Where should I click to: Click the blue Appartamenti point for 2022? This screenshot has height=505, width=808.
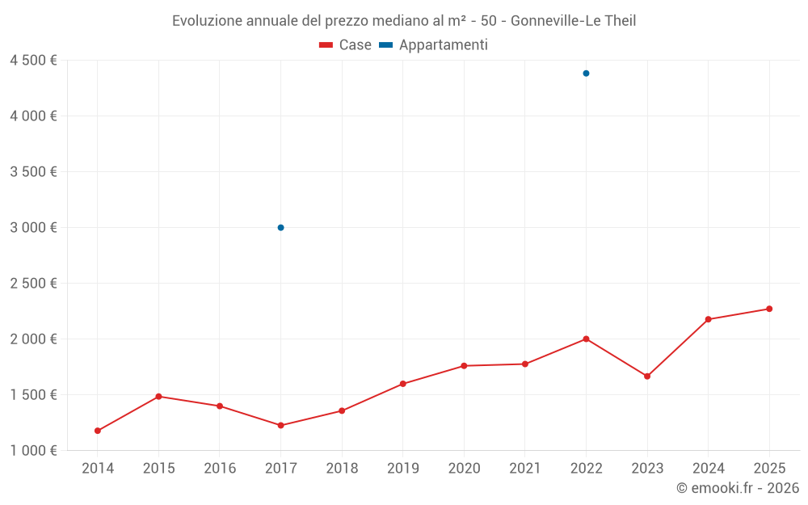[586, 74]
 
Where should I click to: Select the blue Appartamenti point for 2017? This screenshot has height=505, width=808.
[280, 228]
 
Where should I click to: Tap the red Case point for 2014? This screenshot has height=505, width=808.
[98, 431]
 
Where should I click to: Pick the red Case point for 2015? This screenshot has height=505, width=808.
[158, 397]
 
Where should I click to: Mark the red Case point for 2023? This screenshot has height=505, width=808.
[647, 377]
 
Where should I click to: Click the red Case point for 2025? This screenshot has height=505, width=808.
[769, 309]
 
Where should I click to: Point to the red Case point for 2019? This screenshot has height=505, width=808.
[403, 384]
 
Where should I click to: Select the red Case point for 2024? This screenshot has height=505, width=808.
[708, 319]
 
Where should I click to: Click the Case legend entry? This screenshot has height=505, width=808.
[346, 45]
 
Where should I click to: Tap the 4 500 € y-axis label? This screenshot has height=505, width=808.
[33, 61]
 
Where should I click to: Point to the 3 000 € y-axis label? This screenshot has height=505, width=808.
[33, 228]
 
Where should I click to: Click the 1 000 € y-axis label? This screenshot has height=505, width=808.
[33, 451]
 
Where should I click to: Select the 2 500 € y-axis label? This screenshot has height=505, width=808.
[33, 284]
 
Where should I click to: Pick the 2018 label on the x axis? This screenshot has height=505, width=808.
[342, 468]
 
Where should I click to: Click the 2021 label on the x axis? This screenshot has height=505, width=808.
[525, 468]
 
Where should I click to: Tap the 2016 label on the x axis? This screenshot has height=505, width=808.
[220, 468]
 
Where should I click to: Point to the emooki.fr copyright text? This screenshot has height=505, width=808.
[738, 488]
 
